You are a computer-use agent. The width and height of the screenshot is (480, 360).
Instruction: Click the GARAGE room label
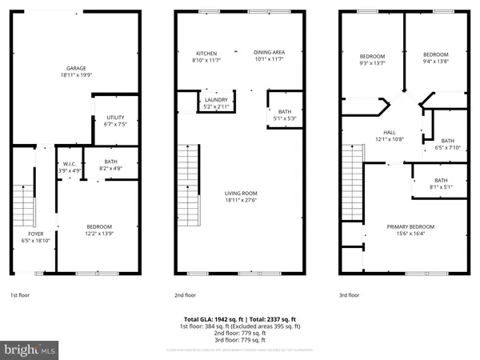78,69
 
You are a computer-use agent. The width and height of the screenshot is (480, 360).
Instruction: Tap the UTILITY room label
115,118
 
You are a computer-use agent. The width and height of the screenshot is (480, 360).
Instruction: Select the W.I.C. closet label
70,162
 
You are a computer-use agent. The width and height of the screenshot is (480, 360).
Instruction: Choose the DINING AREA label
269,53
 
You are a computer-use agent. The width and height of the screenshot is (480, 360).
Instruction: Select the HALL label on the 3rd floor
390,133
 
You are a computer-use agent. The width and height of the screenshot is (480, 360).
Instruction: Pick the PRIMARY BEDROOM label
409,226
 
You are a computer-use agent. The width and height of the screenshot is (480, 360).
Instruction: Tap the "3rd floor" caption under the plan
350,295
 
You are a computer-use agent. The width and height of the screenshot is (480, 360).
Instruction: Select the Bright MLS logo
30,350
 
